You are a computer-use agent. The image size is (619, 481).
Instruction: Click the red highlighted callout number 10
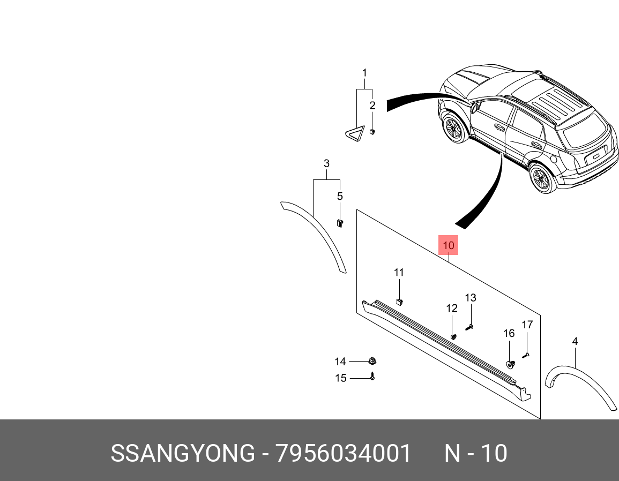click(449, 246)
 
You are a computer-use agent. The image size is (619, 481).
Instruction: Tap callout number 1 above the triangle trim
click(364, 73)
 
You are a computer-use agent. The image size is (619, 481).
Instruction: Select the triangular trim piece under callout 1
click(353, 136)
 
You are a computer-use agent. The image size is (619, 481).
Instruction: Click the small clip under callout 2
click(372, 130)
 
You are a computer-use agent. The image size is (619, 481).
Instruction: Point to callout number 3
click(326, 163)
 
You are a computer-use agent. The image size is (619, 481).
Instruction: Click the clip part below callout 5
click(339, 222)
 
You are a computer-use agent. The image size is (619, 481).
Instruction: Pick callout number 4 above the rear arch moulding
click(575, 341)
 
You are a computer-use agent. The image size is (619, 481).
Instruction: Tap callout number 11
click(399, 273)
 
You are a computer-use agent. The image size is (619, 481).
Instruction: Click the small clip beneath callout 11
click(399, 302)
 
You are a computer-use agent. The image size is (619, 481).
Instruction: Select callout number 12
click(452, 308)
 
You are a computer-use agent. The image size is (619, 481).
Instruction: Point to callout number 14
click(340, 362)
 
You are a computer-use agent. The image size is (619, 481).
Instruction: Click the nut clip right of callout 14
click(371, 360)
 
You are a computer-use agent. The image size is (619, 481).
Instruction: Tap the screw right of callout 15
click(372, 377)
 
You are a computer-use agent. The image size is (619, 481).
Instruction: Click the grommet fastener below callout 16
click(510, 364)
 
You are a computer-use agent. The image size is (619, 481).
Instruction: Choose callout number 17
click(527, 325)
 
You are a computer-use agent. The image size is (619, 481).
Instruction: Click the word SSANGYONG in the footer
click(183, 454)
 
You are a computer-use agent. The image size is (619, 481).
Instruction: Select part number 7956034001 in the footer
click(344, 454)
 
